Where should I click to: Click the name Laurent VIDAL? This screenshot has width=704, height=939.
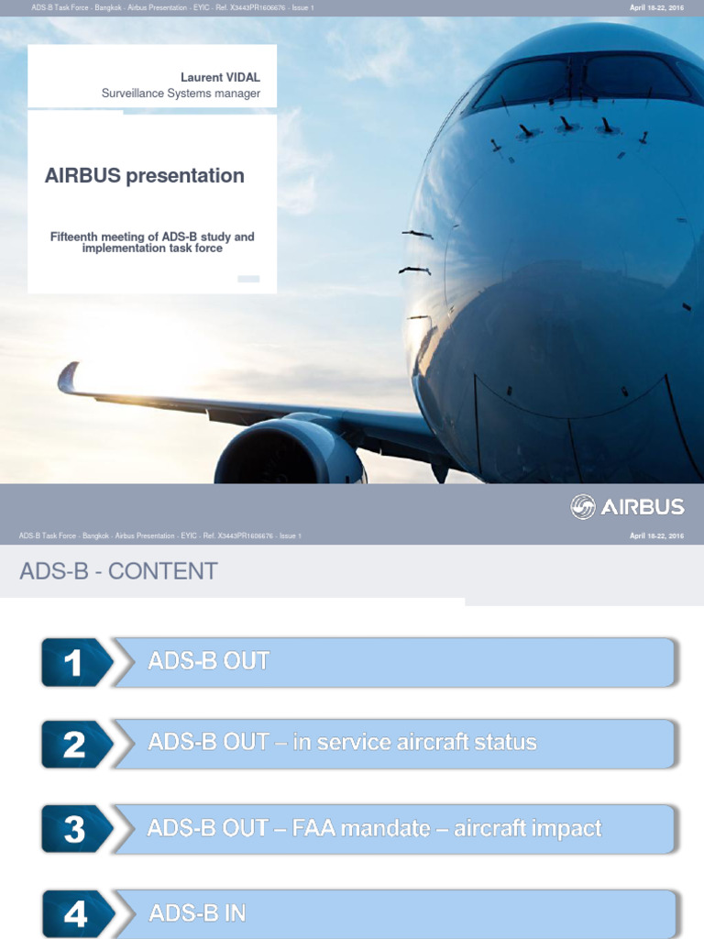coord(220,78)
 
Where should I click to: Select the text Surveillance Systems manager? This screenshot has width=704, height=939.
coord(181,94)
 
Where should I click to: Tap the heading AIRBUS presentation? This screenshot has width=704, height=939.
coord(145,176)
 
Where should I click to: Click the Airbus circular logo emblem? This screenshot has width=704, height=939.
coord(583,507)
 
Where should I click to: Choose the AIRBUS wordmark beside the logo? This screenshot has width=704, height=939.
coord(643,507)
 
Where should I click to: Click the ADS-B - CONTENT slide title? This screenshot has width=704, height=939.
coord(118,571)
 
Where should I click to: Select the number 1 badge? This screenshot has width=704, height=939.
coord(73,662)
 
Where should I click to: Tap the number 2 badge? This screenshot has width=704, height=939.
coord(73,744)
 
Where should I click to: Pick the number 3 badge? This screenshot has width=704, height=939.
coord(73,828)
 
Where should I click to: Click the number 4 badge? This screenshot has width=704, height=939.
coord(73,913)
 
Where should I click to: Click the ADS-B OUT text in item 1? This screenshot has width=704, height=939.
coord(209,661)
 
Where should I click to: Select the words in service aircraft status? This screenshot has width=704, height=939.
coord(414,743)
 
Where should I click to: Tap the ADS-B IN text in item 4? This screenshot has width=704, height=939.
coord(197,913)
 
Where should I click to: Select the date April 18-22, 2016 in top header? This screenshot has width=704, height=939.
coord(656,7)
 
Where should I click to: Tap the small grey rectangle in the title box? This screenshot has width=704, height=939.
coord(248,279)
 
